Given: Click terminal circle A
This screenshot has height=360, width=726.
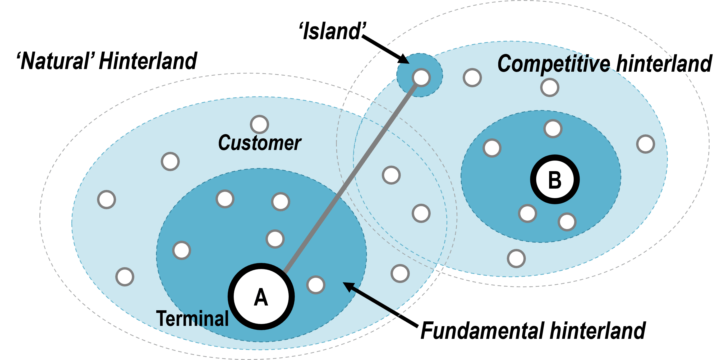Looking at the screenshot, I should pyautogui.click(x=261, y=297).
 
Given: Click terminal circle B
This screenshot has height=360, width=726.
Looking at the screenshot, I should pyautogui.click(x=555, y=179).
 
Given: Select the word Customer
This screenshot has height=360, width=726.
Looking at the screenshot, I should pyautogui.click(x=260, y=143).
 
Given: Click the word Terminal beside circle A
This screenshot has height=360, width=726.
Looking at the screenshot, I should pyautogui.click(x=192, y=318).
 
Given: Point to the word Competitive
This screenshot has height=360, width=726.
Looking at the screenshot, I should pyautogui.click(x=554, y=64).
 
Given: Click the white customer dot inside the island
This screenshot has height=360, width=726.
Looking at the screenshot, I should pyautogui.click(x=421, y=78).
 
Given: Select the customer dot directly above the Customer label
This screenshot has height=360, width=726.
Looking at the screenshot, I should pyautogui.click(x=259, y=124).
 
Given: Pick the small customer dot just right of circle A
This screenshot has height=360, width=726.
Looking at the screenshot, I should pyautogui.click(x=316, y=285).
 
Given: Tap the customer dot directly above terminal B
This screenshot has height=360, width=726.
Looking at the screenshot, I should pyautogui.click(x=553, y=129).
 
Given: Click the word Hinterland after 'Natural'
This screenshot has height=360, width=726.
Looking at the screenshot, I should pyautogui.click(x=148, y=61).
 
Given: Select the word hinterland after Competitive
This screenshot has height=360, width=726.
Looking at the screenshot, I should pyautogui.click(x=664, y=64).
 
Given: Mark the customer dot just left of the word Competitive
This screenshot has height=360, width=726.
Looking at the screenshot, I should pyautogui.click(x=472, y=78).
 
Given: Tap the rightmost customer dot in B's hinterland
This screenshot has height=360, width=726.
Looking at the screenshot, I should pyautogui.click(x=645, y=144).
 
